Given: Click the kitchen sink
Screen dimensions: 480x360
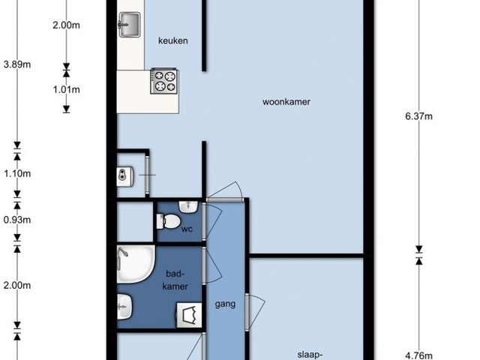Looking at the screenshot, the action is pyautogui.click(x=130, y=25).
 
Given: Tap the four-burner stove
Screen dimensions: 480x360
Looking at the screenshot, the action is pyautogui.click(x=165, y=81).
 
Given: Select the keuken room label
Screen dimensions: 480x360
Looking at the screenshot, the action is pyautogui.click(x=173, y=40).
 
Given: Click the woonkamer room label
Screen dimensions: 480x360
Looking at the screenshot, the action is pyautogui.click(x=286, y=102).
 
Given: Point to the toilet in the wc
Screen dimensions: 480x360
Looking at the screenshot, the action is pyautogui.click(x=168, y=221).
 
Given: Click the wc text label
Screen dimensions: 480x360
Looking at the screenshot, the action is pyautogui.click(x=187, y=229).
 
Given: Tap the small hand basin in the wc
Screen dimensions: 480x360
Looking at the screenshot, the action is pyautogui.click(x=188, y=207).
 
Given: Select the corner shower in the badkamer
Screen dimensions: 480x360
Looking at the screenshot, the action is pyautogui.click(x=135, y=264).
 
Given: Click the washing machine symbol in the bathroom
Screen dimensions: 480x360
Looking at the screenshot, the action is pyautogui.click(x=189, y=315).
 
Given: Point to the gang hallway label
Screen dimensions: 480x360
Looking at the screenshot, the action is pyautogui.click(x=225, y=304).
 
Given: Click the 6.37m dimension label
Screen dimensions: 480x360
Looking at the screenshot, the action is pyautogui.click(x=418, y=116).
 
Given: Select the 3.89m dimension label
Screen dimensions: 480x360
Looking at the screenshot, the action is pyautogui.click(x=17, y=64).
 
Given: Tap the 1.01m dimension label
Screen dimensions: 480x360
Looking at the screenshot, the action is pyautogui.click(x=67, y=90).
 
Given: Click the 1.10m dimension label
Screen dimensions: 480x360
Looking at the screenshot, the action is pyautogui.click(x=17, y=174).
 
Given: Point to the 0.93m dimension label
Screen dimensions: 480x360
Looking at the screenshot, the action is pyautogui.click(x=17, y=220).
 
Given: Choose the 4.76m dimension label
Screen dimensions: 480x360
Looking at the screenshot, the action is pyautogui.click(x=418, y=355).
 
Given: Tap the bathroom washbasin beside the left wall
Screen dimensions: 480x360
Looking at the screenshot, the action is pyautogui.click(x=124, y=307).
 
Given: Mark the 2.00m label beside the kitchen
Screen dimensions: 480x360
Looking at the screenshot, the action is pyautogui.click(x=67, y=25).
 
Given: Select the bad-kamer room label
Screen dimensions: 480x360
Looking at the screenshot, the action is pyautogui.click(x=175, y=280).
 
